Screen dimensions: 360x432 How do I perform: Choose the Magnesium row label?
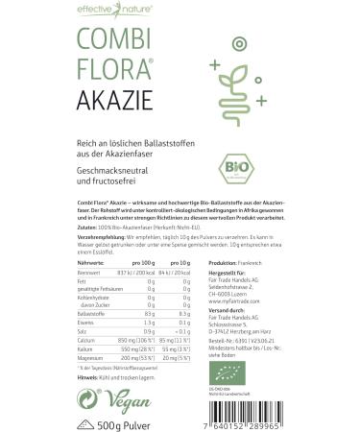pos(62,356)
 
